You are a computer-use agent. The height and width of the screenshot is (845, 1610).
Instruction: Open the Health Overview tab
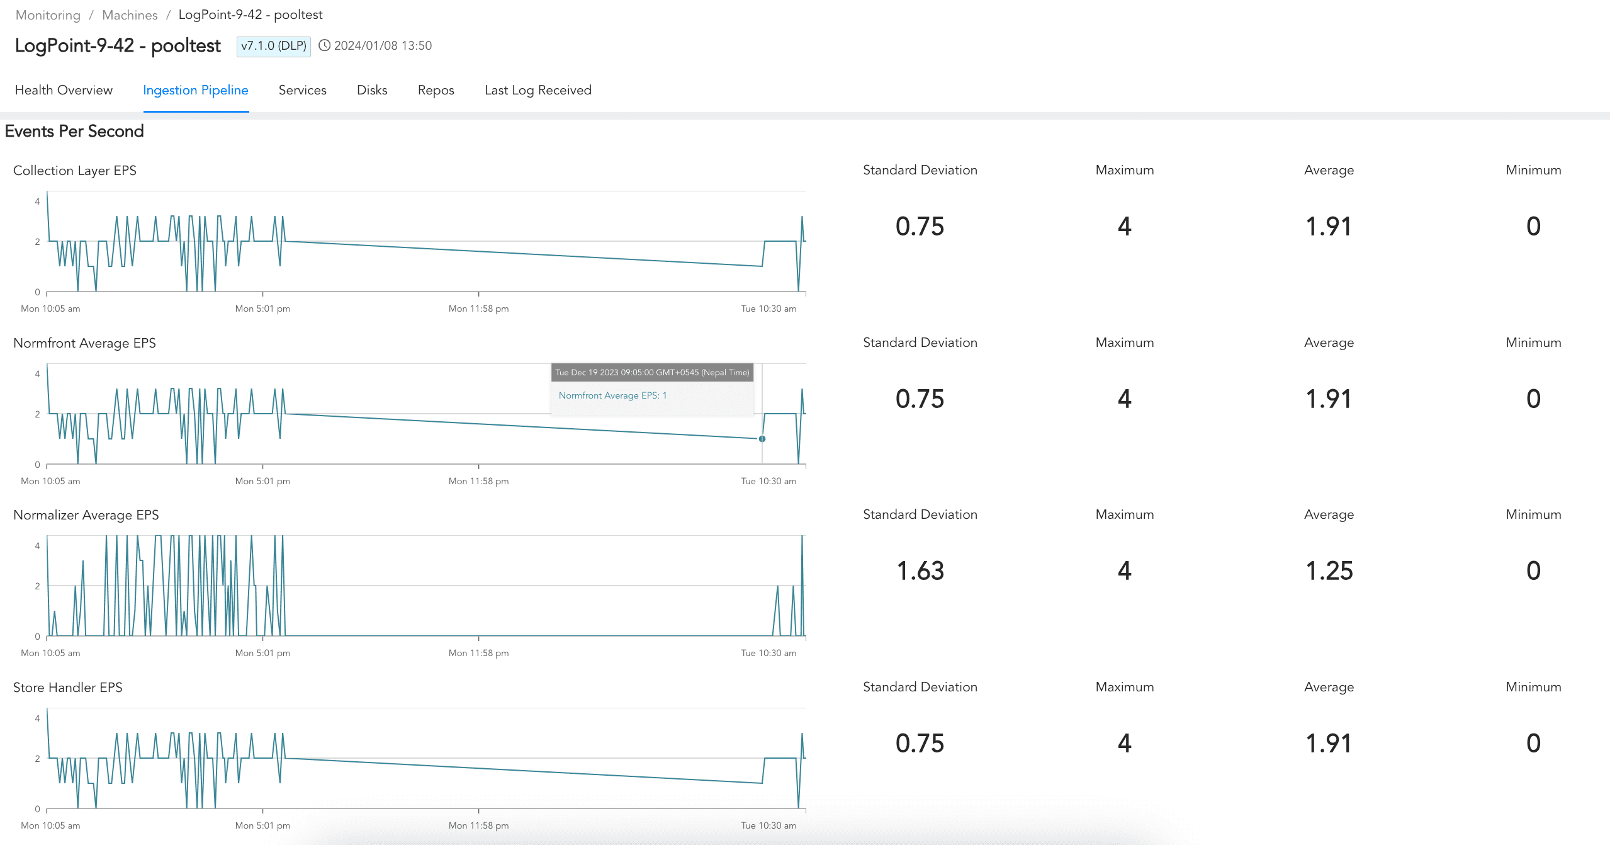64,90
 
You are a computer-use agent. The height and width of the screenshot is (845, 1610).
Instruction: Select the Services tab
302,90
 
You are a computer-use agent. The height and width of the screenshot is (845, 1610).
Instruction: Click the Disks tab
372,90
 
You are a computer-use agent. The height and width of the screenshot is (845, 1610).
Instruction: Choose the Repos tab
436,90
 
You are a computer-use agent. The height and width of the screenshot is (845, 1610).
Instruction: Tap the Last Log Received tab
538,90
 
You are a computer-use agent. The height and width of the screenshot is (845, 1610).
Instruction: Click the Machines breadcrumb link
130,15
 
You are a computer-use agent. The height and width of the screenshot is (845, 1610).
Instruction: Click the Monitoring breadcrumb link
48,15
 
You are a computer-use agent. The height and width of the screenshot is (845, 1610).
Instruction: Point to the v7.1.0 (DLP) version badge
274,46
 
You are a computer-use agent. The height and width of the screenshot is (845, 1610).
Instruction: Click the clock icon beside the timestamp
324,45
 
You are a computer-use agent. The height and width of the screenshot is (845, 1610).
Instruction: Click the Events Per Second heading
74,131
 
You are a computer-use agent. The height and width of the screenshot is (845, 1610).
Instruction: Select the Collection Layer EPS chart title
74,171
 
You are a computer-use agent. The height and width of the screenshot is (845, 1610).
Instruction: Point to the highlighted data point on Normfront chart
762,439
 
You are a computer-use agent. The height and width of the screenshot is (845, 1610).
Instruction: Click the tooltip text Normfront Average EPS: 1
612,395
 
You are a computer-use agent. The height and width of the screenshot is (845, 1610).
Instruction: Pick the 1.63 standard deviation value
920,571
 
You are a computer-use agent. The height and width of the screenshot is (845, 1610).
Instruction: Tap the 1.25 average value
1329,571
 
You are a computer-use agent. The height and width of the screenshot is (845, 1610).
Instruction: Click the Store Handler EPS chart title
67,688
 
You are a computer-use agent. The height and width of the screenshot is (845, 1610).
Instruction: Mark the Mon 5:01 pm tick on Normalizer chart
262,653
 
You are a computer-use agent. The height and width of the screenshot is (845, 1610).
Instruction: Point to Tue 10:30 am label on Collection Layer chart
768,309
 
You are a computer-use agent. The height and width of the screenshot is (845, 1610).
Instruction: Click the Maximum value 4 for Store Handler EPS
1124,744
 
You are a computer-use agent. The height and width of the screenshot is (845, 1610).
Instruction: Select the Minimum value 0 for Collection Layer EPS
1533,227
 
